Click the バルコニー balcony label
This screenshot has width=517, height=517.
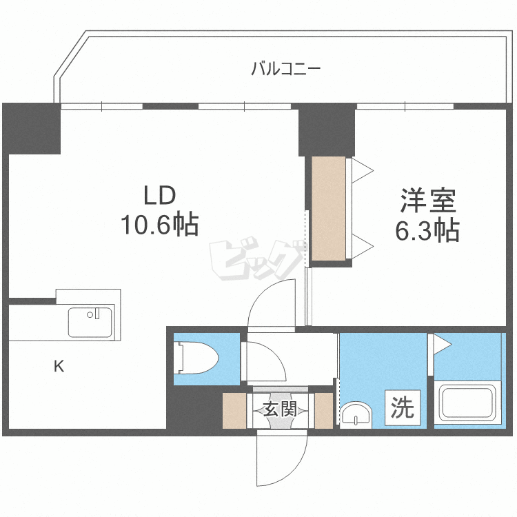pos(285,69)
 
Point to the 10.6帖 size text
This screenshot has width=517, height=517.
pos(161,224)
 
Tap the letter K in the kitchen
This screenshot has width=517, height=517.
pos(59,367)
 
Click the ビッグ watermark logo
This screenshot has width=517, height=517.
pos(256,261)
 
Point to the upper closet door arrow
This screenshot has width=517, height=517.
pos(363,170)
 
